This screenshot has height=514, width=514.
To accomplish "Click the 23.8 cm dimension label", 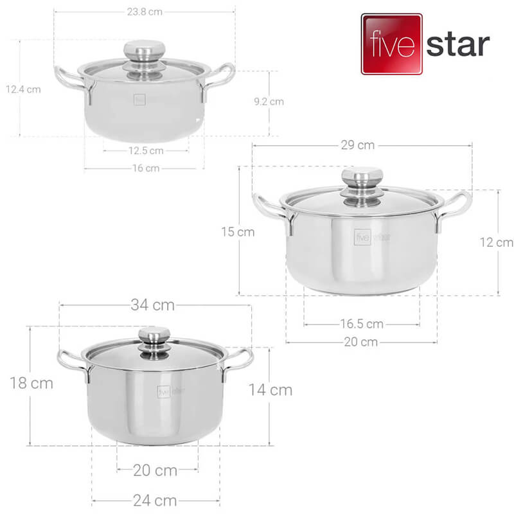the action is [145, 12].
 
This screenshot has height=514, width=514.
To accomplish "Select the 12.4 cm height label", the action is [23, 89].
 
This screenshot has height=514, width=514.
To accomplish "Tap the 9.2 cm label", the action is [269, 102].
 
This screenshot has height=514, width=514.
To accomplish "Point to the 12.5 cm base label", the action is [146, 151].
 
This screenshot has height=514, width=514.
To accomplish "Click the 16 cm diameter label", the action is [146, 168].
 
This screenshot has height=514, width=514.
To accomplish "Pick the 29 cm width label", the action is [358, 145].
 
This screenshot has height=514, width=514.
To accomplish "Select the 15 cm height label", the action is [238, 232].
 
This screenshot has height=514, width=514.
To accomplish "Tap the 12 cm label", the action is [496, 243].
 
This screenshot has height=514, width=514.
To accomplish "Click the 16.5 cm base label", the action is [362, 324].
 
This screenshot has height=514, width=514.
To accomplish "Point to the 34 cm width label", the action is [152, 305].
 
